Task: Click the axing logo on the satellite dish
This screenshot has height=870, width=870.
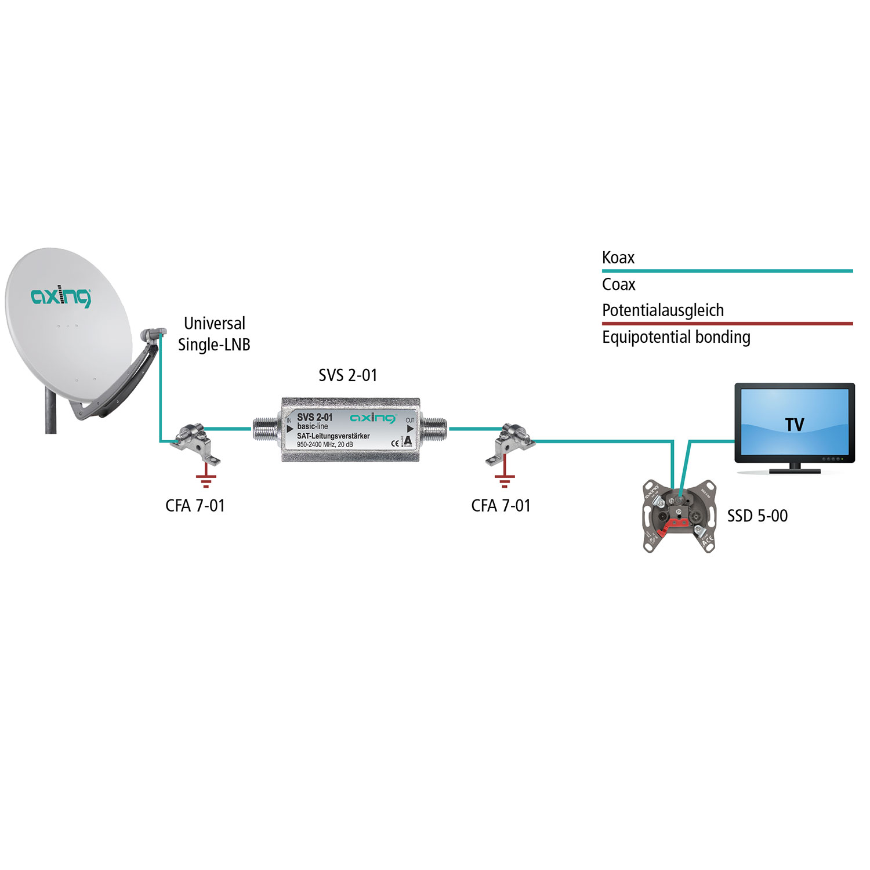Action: (61, 296)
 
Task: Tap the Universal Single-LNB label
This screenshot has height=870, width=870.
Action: (214, 333)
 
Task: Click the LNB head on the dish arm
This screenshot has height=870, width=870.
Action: (152, 334)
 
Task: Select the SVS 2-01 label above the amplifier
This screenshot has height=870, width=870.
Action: (347, 375)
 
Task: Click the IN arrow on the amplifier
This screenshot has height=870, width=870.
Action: (289, 429)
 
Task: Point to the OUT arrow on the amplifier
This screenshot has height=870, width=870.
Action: (410, 429)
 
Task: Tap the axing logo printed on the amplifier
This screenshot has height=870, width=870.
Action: (372, 418)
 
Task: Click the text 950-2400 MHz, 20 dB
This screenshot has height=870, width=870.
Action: (325, 445)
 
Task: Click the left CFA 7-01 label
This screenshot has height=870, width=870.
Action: (195, 506)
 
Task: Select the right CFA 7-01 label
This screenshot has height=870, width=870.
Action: (501, 506)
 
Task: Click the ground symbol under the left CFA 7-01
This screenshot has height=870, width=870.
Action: (206, 480)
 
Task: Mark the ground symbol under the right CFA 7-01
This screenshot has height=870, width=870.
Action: (505, 480)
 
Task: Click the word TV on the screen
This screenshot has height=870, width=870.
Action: (795, 425)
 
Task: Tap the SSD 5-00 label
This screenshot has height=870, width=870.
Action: (757, 516)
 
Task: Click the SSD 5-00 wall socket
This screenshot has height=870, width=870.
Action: (679, 516)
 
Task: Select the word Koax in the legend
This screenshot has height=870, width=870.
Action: (618, 258)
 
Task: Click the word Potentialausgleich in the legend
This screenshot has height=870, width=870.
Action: (663, 310)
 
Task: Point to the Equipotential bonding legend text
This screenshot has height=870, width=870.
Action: (676, 337)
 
